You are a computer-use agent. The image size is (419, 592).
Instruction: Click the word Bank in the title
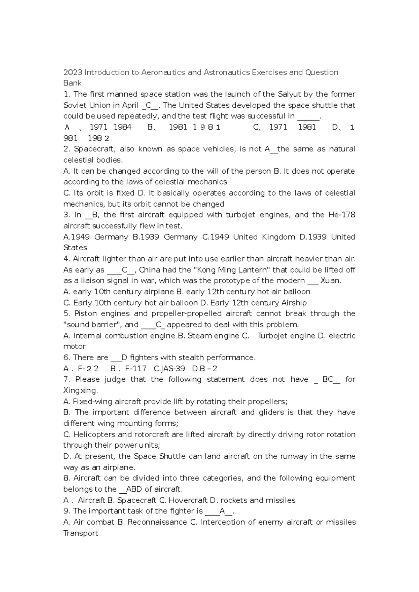click(72, 83)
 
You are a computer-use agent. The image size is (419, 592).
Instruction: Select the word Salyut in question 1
click(289, 94)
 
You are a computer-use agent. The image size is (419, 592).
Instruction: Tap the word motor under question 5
click(74, 347)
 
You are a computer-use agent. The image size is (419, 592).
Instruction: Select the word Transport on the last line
click(81, 533)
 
